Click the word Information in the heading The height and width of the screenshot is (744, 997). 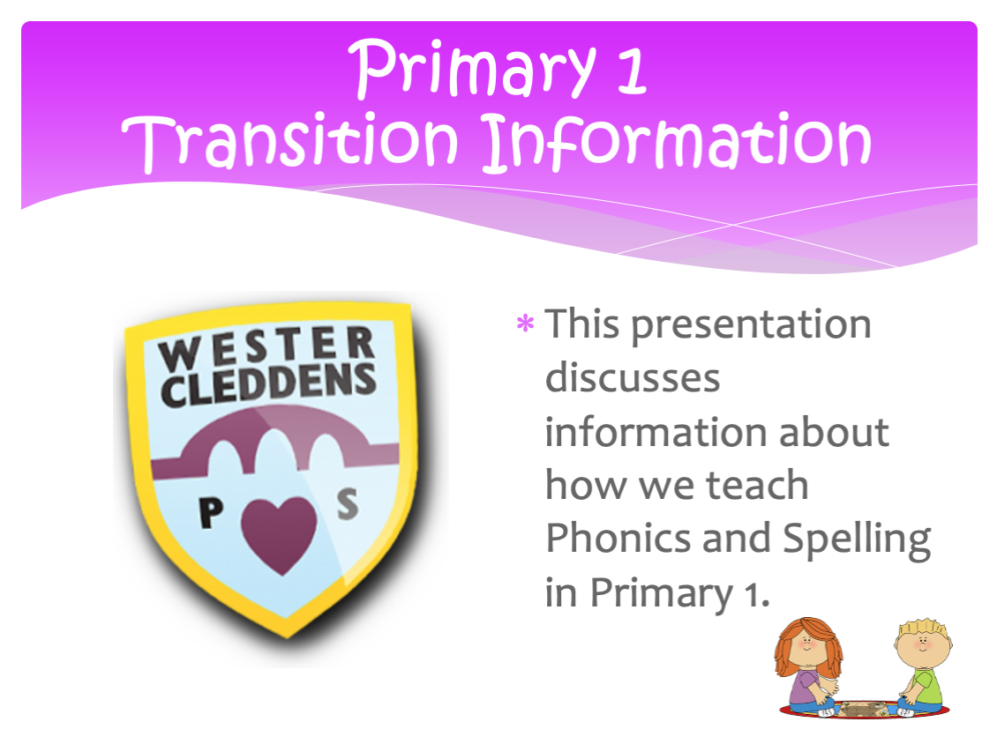click(677, 141)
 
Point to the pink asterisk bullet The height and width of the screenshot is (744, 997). click(525, 324)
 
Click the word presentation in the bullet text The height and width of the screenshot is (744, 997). click(752, 326)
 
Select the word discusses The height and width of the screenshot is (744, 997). click(633, 378)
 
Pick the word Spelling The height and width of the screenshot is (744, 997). click(857, 540)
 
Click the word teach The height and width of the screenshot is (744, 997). click(757, 486)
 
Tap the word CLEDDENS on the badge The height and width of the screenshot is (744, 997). click(269, 384)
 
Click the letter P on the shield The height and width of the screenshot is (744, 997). click(211, 512)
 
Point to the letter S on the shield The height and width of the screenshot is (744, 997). click(347, 504)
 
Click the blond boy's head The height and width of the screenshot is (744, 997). click(923, 644)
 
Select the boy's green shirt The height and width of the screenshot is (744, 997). click(925, 686)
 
